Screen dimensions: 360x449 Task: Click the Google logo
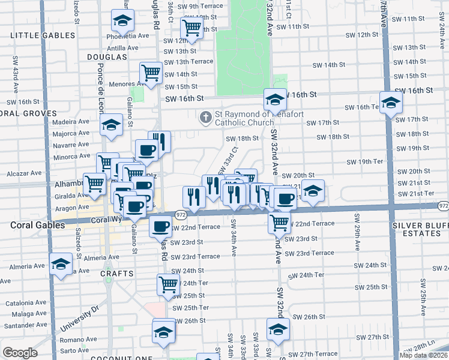20,353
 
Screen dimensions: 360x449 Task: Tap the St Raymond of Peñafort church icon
206,116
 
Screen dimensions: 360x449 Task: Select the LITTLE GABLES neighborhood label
43,35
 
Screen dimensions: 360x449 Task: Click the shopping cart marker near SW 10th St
191,28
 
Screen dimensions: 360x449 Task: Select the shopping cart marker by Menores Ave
151,73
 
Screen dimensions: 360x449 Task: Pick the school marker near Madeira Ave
111,125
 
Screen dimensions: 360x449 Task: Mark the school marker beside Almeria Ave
60,264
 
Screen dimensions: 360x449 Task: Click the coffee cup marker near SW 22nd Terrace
160,227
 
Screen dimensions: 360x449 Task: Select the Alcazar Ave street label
24,173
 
